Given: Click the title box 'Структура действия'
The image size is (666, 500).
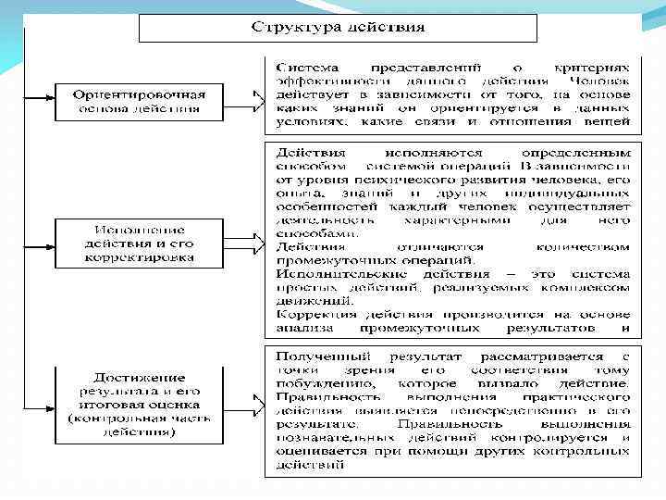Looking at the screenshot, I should coord(338,27).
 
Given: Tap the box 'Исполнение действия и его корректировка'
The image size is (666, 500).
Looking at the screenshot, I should coord(139,244).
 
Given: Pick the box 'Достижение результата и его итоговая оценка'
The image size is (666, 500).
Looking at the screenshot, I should coord(139,404).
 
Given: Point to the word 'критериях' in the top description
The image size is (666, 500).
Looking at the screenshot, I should coord(598,68).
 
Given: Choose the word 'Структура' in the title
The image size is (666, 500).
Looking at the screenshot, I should coord(288,26).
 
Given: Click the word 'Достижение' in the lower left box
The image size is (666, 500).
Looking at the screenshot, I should coord(139,377).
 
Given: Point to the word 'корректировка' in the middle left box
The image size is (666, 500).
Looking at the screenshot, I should coord(139,256).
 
